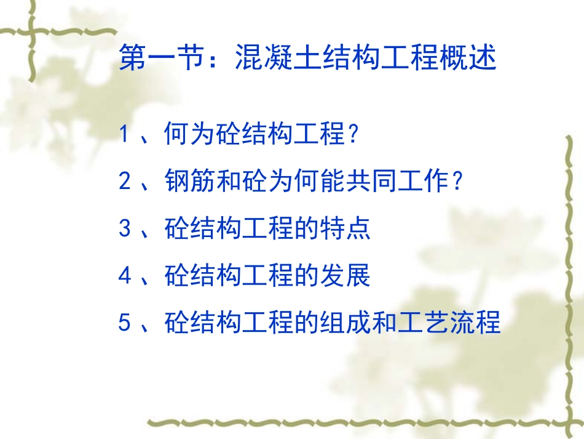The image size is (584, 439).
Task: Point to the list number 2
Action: point(125,182)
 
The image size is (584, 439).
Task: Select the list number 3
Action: point(125,229)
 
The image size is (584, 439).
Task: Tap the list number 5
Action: point(125,323)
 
